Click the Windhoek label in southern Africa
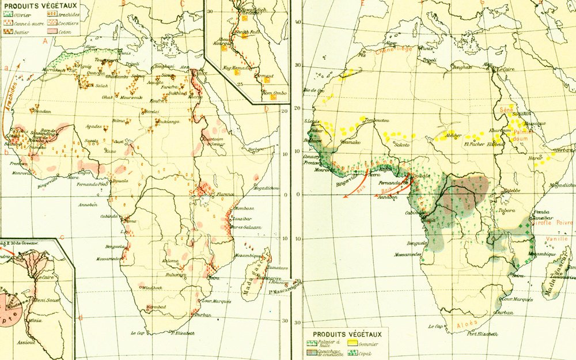143,287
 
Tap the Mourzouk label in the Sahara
130,97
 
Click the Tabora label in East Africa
506,210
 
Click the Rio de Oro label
314,90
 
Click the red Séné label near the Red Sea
506,108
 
